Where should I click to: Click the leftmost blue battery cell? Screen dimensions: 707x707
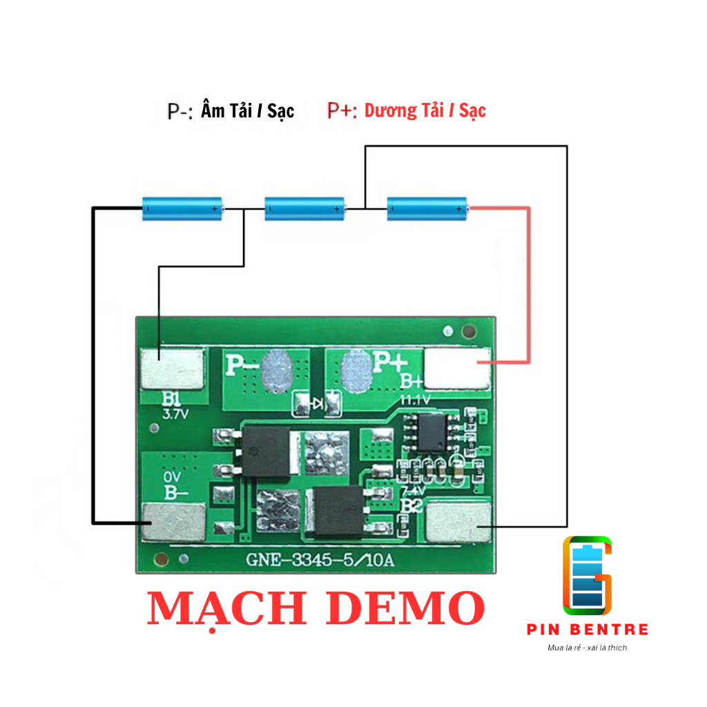pos(184,208)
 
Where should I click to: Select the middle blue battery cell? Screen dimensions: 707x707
pos(305,208)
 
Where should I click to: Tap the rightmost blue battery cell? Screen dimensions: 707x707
pos(427,208)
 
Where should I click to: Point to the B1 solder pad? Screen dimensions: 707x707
pos(173,368)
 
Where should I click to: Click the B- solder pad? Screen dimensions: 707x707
pos(173,522)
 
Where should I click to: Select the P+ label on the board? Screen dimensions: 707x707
pos(391,361)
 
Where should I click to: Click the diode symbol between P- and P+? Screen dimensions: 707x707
pos(318,404)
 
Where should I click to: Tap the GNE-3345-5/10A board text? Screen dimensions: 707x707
pos(320,560)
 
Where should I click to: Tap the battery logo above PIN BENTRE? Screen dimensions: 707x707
pos(587,575)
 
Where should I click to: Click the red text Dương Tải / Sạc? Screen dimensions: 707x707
pos(425,110)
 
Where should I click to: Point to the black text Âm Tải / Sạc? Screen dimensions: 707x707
pos(247,110)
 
